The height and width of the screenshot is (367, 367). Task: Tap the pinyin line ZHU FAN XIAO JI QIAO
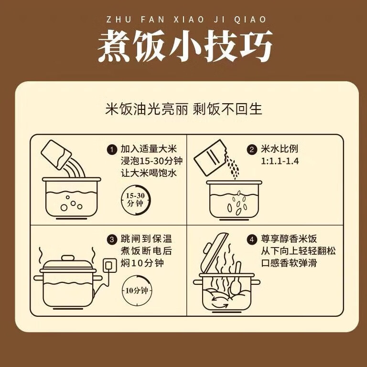tap(184, 20)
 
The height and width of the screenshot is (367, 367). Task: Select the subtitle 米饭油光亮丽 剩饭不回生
tap(183, 109)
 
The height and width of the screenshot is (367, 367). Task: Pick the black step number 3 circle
tap(112, 239)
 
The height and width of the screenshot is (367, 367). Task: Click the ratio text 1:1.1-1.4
tap(280, 161)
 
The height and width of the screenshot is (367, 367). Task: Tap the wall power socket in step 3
tap(110, 264)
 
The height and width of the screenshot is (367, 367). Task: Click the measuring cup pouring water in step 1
tap(57, 154)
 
